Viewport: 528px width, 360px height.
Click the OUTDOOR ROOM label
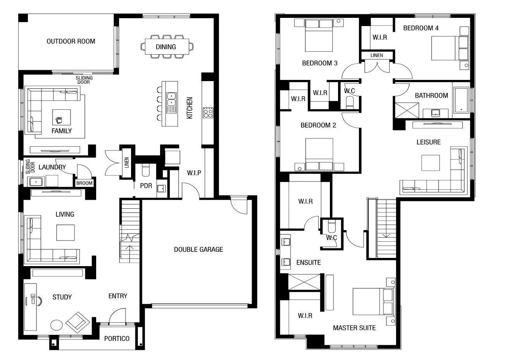click(71, 41)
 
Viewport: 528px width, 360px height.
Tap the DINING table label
click(166, 47)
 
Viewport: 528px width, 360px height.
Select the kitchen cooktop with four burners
click(208, 112)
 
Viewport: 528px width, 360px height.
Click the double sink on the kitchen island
click(171, 99)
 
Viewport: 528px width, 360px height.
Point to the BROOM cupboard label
click(85, 183)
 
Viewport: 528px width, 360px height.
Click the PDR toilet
click(146, 170)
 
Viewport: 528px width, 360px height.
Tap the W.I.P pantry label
click(194, 173)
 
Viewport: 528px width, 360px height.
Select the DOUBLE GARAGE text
click(198, 249)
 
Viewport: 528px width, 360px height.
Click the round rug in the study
click(57, 325)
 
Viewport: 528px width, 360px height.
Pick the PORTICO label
click(117, 339)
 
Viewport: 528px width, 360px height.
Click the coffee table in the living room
click(66, 233)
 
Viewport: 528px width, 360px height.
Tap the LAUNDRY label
click(52, 167)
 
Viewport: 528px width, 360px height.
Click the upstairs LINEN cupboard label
click(377, 55)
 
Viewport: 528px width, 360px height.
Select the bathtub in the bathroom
click(461, 100)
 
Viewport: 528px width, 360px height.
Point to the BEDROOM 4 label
click(421, 28)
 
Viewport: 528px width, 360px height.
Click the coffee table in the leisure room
click(430, 163)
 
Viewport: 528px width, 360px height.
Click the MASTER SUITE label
click(354, 328)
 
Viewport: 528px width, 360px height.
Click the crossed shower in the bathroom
click(407, 110)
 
